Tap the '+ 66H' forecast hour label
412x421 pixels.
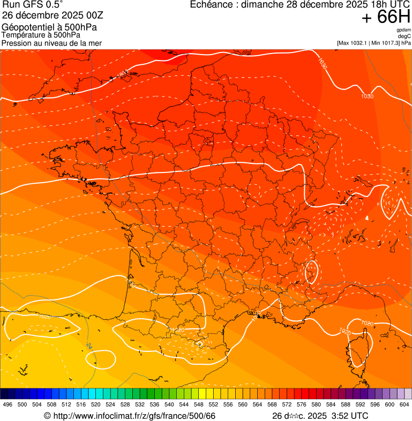[x=386, y=18]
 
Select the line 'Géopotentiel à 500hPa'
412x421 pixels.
[x=43, y=27]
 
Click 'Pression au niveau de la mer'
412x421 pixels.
[x=51, y=43]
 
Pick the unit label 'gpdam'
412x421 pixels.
[x=403, y=30]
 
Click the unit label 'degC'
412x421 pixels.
[x=404, y=36]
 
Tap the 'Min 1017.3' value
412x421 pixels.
[x=385, y=43]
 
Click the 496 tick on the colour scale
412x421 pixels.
[x=8, y=404]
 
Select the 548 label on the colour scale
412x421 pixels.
[x=199, y=404]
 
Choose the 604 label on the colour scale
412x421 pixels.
[x=404, y=404]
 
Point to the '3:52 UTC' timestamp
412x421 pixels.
[x=350, y=416]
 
